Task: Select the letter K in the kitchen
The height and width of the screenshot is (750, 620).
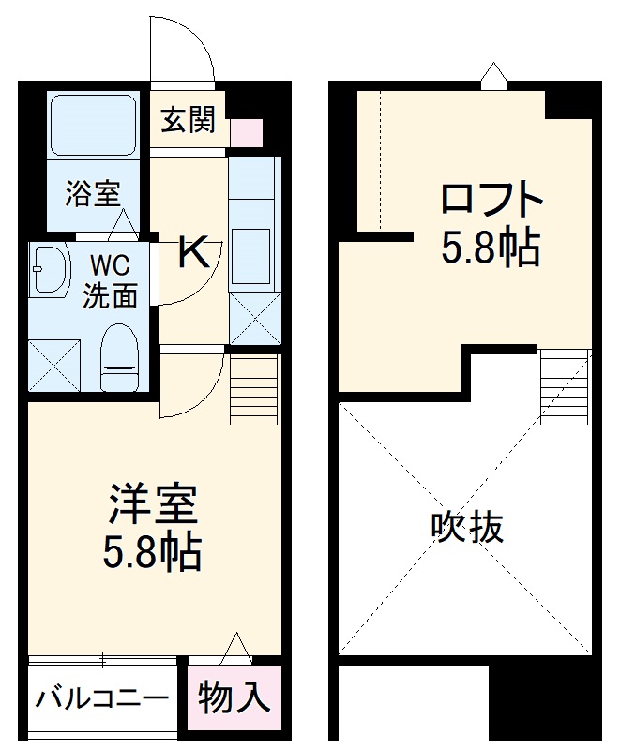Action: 193,250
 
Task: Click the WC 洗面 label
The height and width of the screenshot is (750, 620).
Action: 110,280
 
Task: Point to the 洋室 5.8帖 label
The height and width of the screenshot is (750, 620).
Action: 152,528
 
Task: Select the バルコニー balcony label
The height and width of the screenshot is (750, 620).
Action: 102,698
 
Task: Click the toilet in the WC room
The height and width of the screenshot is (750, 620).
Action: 118,356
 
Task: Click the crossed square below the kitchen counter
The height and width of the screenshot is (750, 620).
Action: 254,318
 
